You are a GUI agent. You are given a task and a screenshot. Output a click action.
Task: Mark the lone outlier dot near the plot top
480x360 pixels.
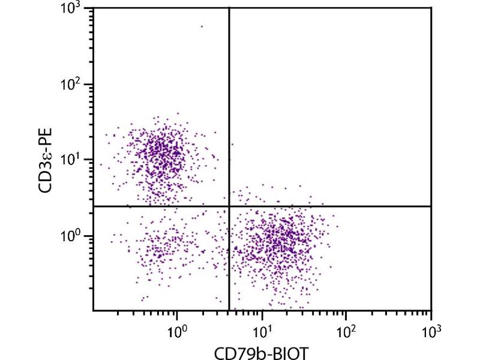[202, 26]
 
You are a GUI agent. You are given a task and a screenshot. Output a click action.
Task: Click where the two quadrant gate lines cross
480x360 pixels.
[229, 206]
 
